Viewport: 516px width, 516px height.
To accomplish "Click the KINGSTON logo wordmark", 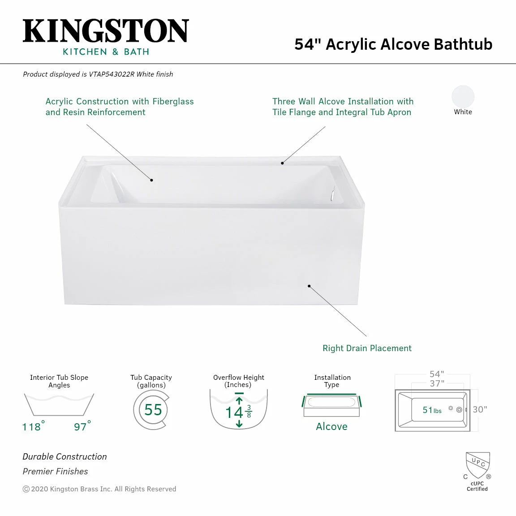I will pyautogui.click(x=106, y=31).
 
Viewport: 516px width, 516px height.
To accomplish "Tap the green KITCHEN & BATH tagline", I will pyautogui.click(x=106, y=52).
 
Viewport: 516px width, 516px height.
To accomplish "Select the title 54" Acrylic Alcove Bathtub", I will pyautogui.click(x=393, y=44).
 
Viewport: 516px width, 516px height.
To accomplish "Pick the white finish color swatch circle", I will pyautogui.click(x=463, y=96).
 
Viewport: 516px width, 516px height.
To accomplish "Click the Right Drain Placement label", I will pyautogui.click(x=367, y=348).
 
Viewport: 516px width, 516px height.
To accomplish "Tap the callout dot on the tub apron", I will pyautogui.click(x=309, y=286).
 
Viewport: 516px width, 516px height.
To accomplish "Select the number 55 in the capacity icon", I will pyautogui.click(x=153, y=410).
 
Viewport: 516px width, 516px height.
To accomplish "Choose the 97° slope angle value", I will pyautogui.click(x=82, y=426).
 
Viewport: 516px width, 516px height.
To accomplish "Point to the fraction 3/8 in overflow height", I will pyautogui.click(x=249, y=411).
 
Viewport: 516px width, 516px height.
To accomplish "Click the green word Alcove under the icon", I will pyautogui.click(x=331, y=426).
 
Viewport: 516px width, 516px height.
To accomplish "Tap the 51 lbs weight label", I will pyautogui.click(x=432, y=410).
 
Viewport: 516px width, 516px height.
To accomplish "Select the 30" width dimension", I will pyautogui.click(x=480, y=409).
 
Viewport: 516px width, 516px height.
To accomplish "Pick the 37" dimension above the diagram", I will pyautogui.click(x=437, y=383).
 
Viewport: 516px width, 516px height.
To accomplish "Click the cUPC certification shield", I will pyautogui.click(x=477, y=465).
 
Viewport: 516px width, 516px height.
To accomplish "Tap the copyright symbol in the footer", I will pyautogui.click(x=26, y=489).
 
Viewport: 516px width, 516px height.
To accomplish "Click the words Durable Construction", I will pyautogui.click(x=64, y=456).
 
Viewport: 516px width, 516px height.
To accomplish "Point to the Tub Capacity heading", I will pyautogui.click(x=151, y=378).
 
